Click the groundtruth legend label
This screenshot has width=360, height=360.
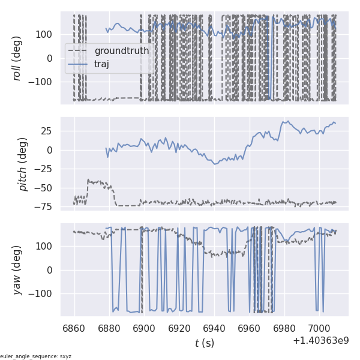tap(122, 51)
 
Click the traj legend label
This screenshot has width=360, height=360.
tap(102, 64)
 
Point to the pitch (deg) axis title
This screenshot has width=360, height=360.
tap(23, 164)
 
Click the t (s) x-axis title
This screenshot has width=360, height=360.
tap(205, 343)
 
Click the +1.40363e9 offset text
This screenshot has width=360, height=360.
tap(321, 341)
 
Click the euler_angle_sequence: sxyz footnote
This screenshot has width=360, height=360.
tap(36, 356)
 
